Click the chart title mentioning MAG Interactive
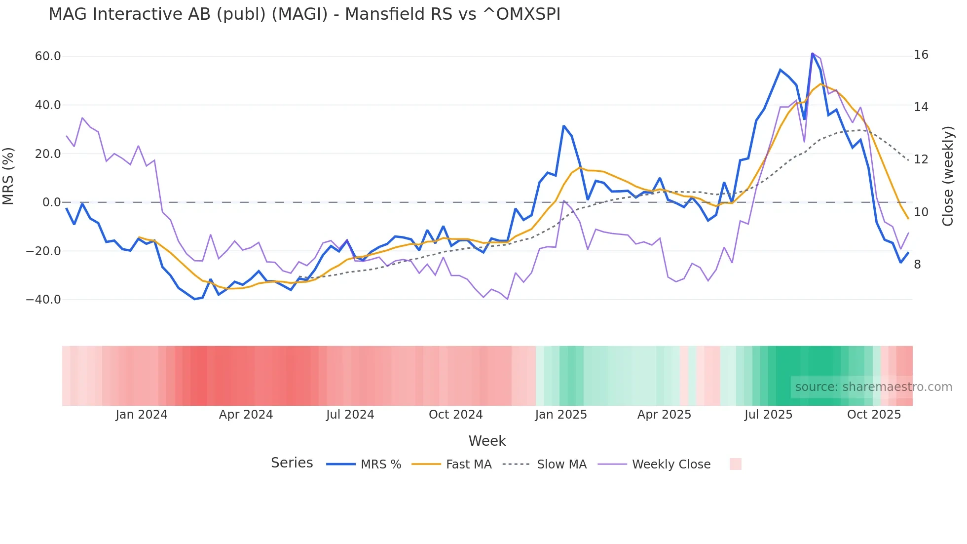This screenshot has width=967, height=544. pos(304,14)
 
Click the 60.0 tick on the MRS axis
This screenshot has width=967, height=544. pos(48,56)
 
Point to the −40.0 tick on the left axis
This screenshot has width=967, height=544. pos(43,300)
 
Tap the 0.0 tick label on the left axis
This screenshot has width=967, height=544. pos(51,202)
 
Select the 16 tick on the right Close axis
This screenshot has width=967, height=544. pos(921,55)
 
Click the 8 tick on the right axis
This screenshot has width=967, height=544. pos(917,265)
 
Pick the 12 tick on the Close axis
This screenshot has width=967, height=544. pos(921,159)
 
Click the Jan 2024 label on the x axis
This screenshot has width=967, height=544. pos(142,415)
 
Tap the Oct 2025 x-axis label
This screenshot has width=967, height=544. pos(874,415)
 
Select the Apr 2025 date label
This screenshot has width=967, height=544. pos(664,415)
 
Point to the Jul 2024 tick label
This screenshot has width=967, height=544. pos(350,415)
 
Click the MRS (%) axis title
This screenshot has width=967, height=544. pos(8,176)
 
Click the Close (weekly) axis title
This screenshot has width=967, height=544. pos(947,176)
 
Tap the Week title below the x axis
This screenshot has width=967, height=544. pos(487,441)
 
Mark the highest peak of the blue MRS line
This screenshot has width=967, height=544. pos(812,53)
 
